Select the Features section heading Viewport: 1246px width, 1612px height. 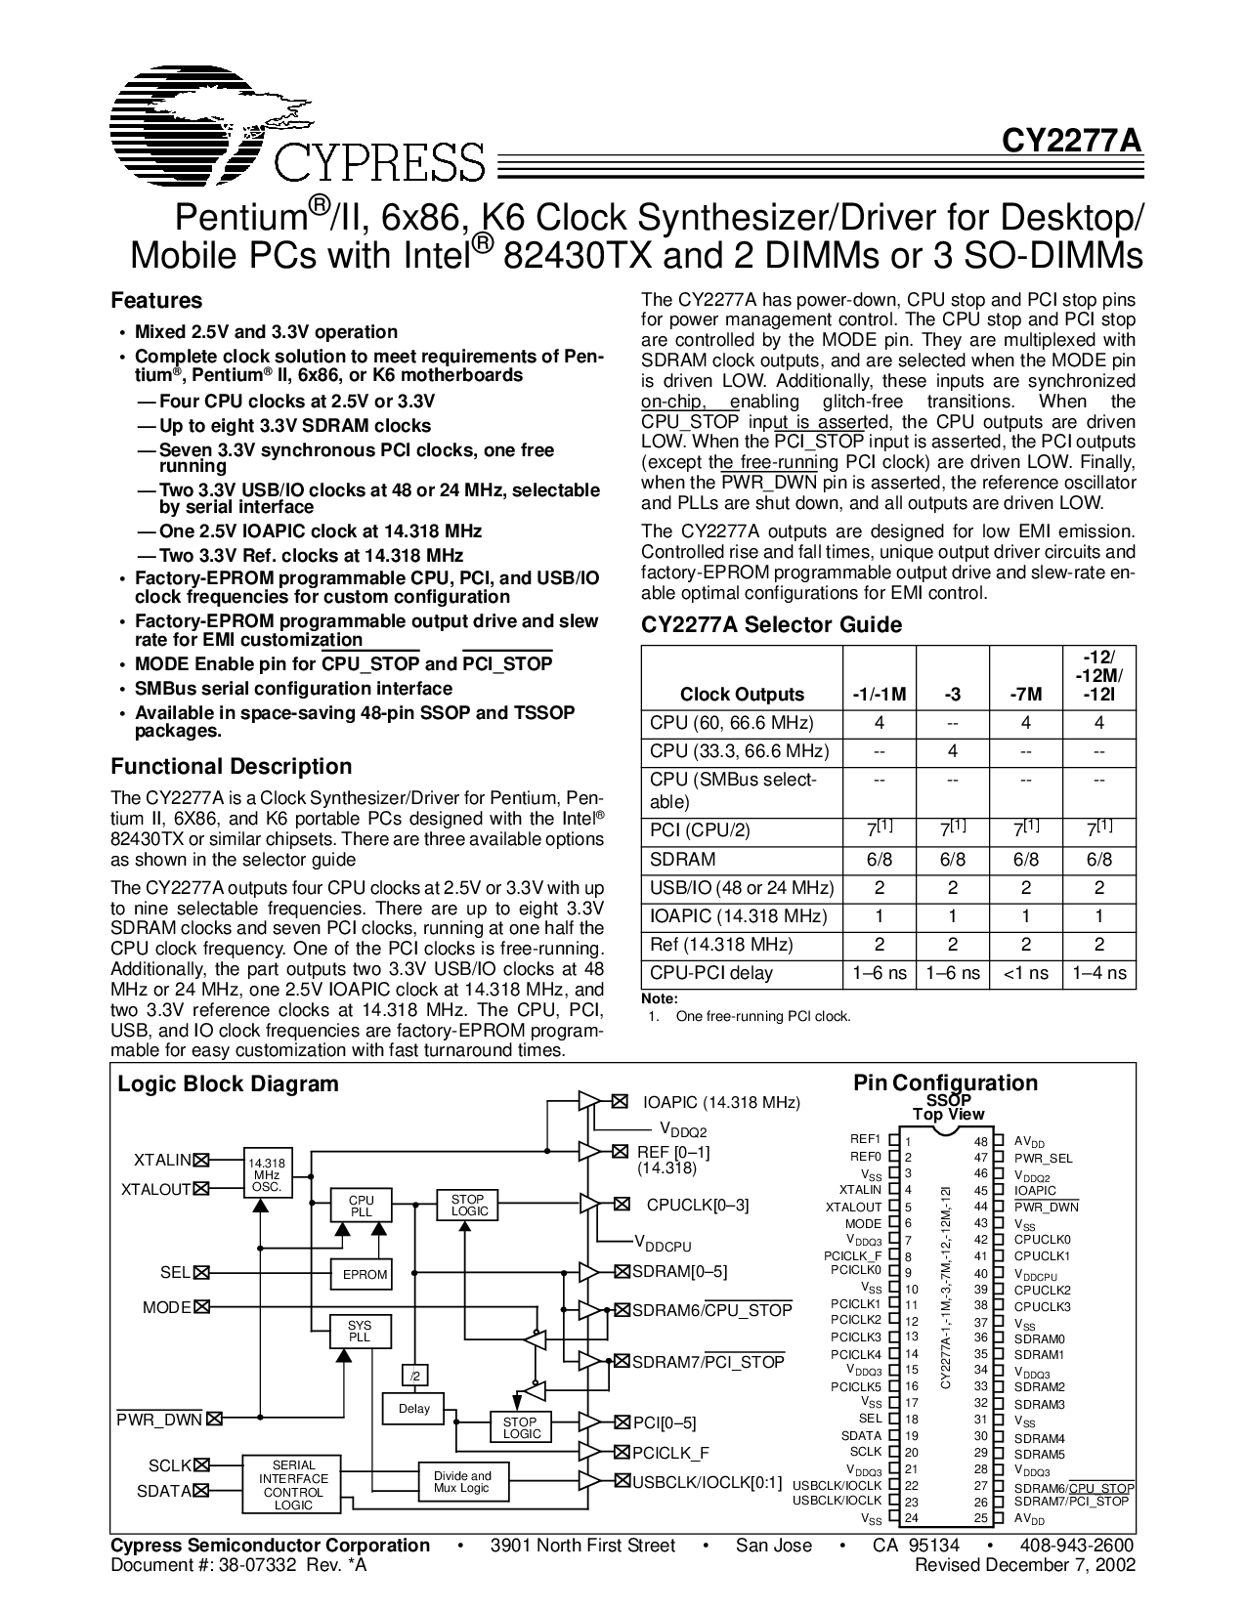click(x=156, y=300)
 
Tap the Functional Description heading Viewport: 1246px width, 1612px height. click(x=231, y=766)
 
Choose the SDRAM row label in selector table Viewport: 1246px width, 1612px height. click(x=682, y=860)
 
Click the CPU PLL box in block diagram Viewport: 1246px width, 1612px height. click(x=362, y=1205)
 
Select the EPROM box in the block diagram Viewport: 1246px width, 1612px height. click(x=365, y=1274)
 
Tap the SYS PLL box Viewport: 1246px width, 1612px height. click(x=360, y=1332)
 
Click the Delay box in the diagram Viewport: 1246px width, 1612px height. click(x=414, y=1409)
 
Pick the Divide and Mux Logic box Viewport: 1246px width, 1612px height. click(x=462, y=1482)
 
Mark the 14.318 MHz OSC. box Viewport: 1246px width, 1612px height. click(x=266, y=1169)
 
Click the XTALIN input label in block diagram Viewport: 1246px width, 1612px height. click(x=162, y=1160)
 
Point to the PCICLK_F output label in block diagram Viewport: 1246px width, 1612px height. click(x=670, y=1453)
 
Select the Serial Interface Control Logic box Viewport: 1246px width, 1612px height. click(x=293, y=1485)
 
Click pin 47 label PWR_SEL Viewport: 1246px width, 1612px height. click(x=1042, y=1158)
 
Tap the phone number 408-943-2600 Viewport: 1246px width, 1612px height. click(x=1077, y=1545)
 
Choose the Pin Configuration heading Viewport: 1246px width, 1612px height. click(x=945, y=1082)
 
